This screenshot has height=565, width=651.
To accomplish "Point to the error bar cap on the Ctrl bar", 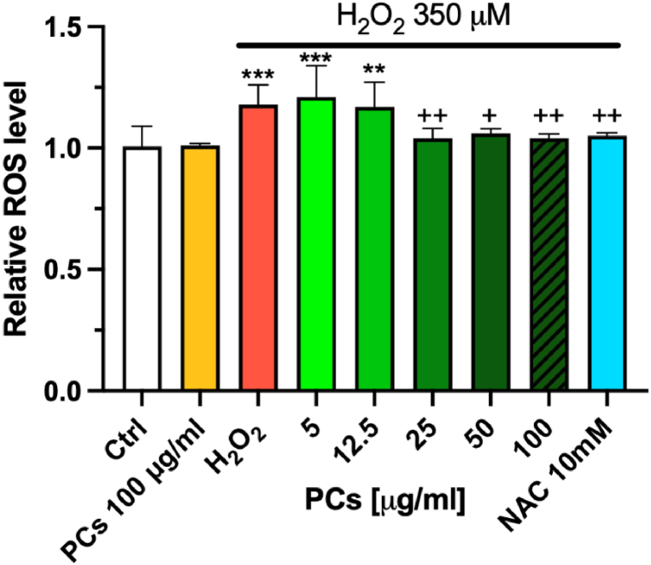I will (x=142, y=127).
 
